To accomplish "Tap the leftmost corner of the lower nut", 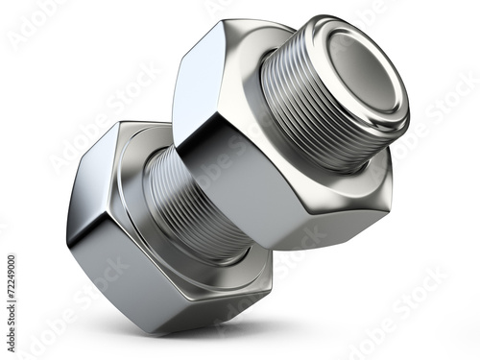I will [x=67, y=235].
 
